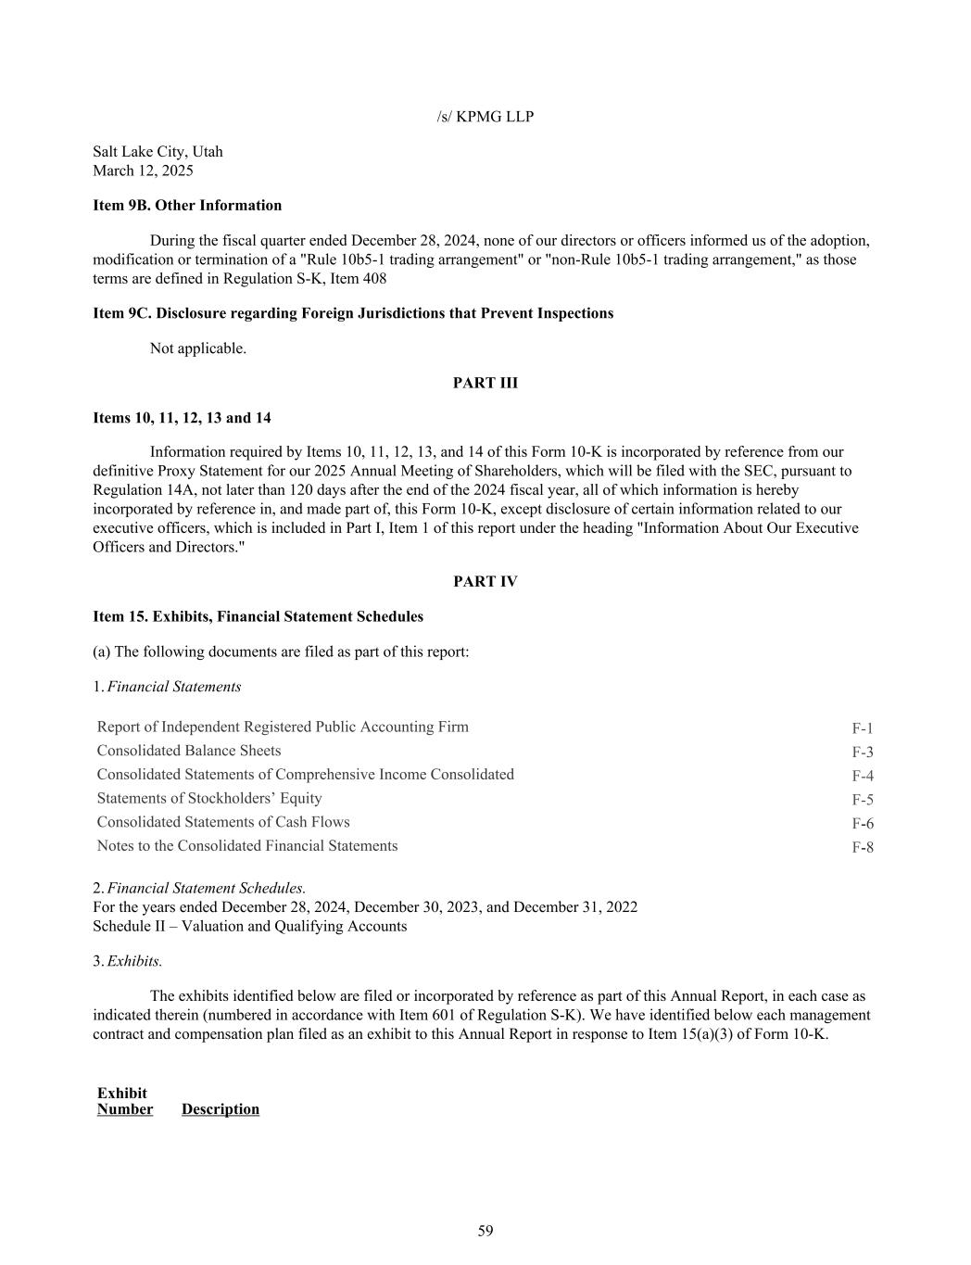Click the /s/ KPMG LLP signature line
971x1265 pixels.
pos(485,117)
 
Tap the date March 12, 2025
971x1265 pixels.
pos(143,171)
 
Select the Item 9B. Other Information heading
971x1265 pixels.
pos(187,206)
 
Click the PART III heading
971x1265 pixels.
pos(485,383)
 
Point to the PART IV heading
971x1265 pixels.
pos(485,581)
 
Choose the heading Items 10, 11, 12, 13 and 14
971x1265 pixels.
pos(182,418)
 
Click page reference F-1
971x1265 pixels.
pos(862,728)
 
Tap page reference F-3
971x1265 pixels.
pos(862,753)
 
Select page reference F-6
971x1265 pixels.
pos(862,824)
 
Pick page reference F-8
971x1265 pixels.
pos(862,847)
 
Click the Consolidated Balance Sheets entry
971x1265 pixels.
pos(189,751)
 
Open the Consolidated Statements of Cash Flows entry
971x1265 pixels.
pos(223,822)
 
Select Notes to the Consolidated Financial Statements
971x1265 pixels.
pos(247,845)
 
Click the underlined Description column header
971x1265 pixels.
pos(221,1109)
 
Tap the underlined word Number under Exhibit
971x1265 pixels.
pos(125,1109)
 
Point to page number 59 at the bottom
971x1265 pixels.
pos(485,1231)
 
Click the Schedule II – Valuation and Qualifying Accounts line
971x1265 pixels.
pos(249,926)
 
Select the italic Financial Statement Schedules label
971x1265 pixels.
pos(207,888)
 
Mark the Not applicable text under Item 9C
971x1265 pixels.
pos(198,348)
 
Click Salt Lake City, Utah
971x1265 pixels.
pos(158,152)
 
